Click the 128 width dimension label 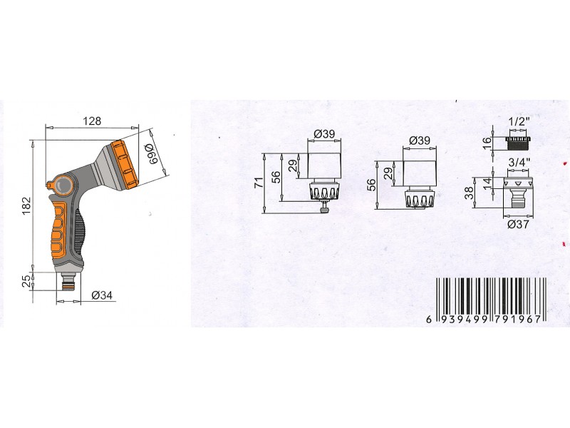pos(92,121)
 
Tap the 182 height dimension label pos(27,205)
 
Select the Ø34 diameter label pos(102,295)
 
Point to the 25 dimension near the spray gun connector pos(26,281)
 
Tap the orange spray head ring pos(124,165)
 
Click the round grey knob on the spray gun pos(63,185)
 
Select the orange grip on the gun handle pos(58,228)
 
